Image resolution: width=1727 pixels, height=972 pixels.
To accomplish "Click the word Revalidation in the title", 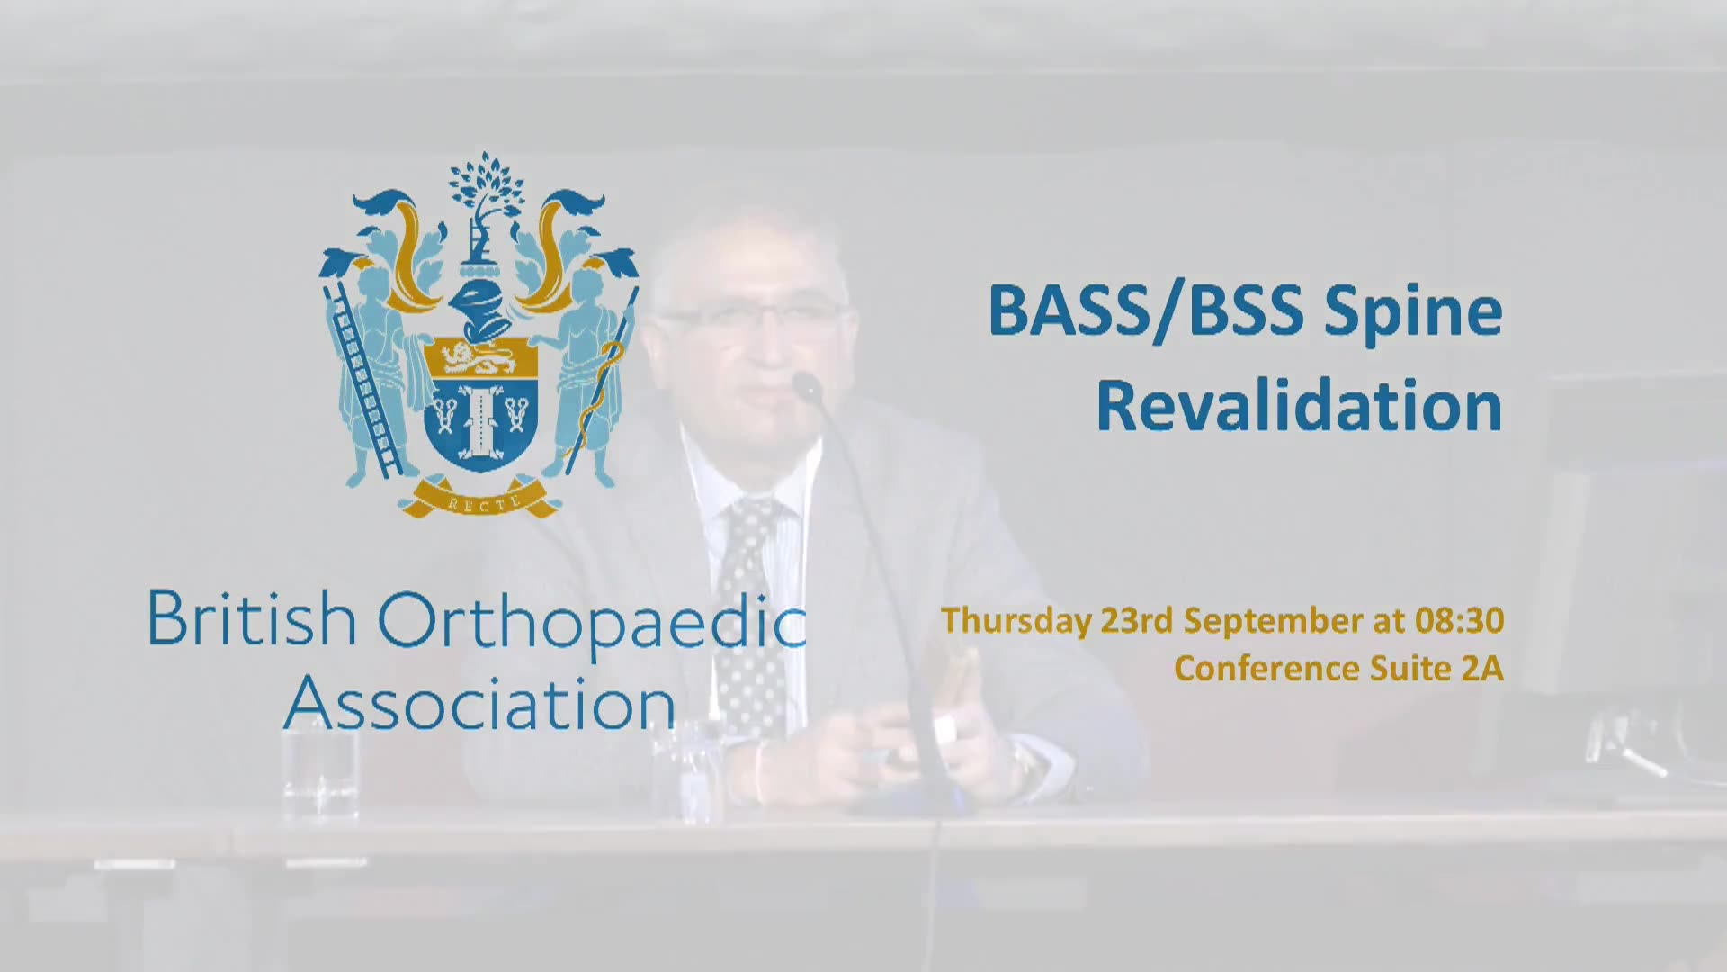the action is click(x=1299, y=406).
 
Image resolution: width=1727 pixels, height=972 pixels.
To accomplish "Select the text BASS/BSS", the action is click(x=1145, y=311).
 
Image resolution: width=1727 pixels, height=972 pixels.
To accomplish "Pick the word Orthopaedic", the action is click(x=592, y=624).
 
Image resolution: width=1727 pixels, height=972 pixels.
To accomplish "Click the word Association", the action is click(x=479, y=703).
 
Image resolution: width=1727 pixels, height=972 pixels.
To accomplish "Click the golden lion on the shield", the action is click(x=479, y=358).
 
